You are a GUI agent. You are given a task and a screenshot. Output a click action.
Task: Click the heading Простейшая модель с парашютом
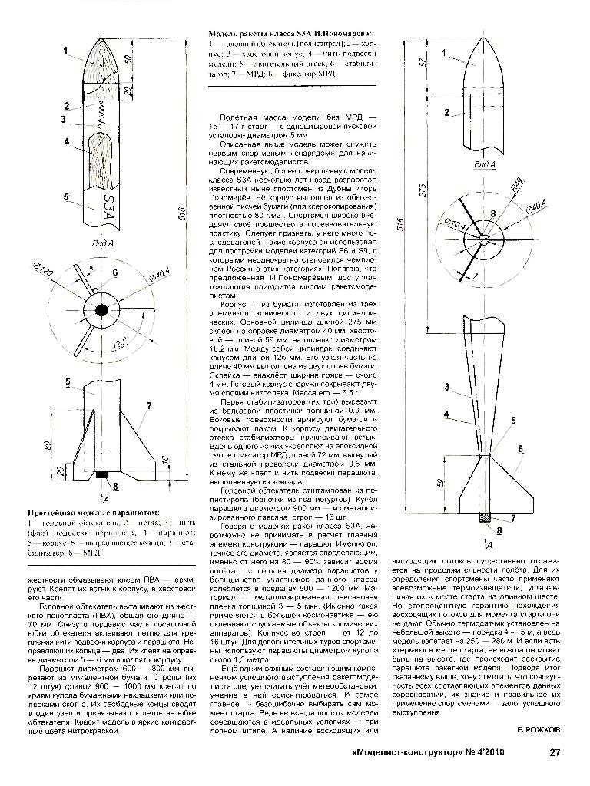(93, 512)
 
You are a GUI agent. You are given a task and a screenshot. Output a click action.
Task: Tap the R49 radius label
(519, 183)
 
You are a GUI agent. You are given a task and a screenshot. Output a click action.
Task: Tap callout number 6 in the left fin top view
(115, 272)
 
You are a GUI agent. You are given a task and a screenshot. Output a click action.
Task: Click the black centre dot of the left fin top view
(101, 309)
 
